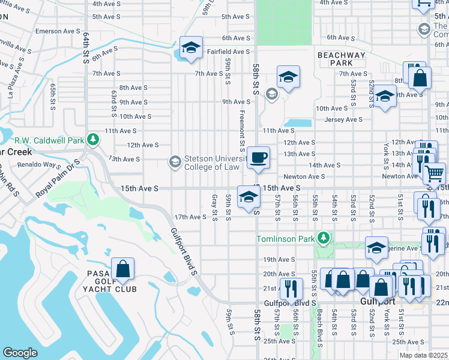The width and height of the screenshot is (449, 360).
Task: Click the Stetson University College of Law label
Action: click(x=217, y=162)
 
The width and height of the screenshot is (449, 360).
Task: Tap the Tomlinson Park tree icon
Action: click(x=324, y=239)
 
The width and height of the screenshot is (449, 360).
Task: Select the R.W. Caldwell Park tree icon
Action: click(x=93, y=140)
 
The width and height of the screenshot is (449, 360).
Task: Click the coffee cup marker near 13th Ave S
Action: click(x=259, y=157)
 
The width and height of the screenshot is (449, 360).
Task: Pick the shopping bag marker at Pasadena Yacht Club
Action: click(x=122, y=269)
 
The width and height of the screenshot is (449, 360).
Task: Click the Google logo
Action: click(x=20, y=353)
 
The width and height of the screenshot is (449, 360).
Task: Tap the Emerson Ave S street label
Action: click(x=58, y=31)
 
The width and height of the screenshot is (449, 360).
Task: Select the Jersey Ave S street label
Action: click(x=344, y=120)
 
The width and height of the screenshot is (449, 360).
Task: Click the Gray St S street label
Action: click(x=214, y=207)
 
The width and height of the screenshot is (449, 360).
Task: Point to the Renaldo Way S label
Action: click(x=40, y=164)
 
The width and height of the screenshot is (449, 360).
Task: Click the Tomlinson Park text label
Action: click(x=286, y=239)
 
